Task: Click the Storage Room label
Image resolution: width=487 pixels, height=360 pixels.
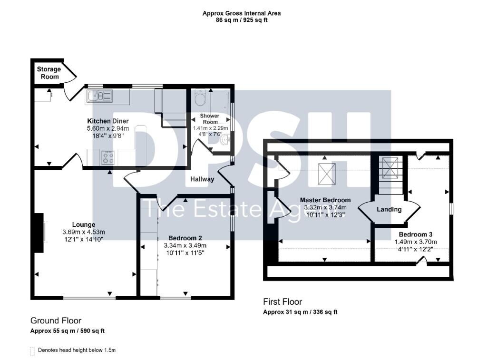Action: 49,73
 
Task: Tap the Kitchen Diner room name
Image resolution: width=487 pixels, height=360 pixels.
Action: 108,121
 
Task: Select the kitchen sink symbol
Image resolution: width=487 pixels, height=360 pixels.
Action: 100,96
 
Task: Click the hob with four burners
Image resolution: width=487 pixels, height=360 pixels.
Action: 108,157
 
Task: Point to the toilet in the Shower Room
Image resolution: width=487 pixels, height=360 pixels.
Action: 200,98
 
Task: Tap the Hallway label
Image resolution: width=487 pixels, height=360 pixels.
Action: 202,179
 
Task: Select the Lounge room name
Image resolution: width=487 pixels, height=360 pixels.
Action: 84,224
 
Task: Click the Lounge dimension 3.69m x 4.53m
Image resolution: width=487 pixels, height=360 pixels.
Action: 84,232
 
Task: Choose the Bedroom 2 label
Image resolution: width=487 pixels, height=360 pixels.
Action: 185,238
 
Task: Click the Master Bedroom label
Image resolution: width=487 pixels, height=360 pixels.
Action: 325,200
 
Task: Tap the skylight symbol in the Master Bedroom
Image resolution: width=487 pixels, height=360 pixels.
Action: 327,174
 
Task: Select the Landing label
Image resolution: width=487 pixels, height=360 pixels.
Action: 389,209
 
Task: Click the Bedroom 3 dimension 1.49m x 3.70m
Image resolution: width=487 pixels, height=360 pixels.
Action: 416,242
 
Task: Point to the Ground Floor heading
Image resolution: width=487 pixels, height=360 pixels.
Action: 56,321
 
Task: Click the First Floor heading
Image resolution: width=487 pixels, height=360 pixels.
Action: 282,302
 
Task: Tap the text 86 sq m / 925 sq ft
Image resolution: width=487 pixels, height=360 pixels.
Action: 242,20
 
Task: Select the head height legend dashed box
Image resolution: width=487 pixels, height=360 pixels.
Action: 32,351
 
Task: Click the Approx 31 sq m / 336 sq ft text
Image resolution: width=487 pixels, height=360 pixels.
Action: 300,312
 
